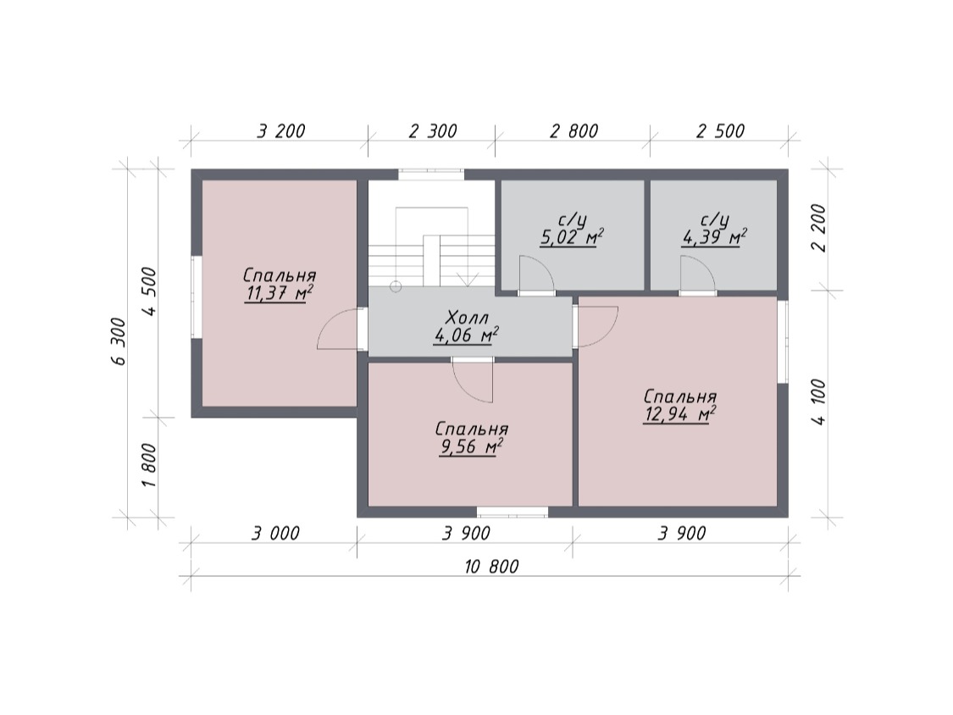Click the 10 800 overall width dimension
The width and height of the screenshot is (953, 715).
click(x=491, y=567)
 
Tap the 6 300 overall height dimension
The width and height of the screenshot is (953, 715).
click(x=119, y=341)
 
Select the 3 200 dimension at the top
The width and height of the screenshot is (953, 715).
click(x=280, y=130)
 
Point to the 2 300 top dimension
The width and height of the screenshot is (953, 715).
click(x=432, y=130)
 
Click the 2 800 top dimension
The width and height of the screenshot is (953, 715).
click(x=573, y=130)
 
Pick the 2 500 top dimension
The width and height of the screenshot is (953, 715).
click(x=720, y=130)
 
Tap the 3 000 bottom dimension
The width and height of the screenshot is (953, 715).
click(x=275, y=533)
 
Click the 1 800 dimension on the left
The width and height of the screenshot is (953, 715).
click(x=149, y=464)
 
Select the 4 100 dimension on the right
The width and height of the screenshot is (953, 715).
click(x=818, y=402)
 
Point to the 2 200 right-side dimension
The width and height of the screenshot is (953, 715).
click(x=818, y=227)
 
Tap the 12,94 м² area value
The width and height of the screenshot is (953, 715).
click(x=679, y=415)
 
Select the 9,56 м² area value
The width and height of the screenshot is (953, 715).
click(x=471, y=447)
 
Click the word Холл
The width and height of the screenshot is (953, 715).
click(x=467, y=318)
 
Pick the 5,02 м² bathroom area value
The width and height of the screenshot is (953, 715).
click(x=572, y=236)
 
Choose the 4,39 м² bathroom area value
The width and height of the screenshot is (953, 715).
click(x=714, y=236)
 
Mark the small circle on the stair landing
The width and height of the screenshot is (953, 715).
click(x=396, y=285)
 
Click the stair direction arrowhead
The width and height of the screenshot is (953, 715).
click(x=468, y=280)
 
